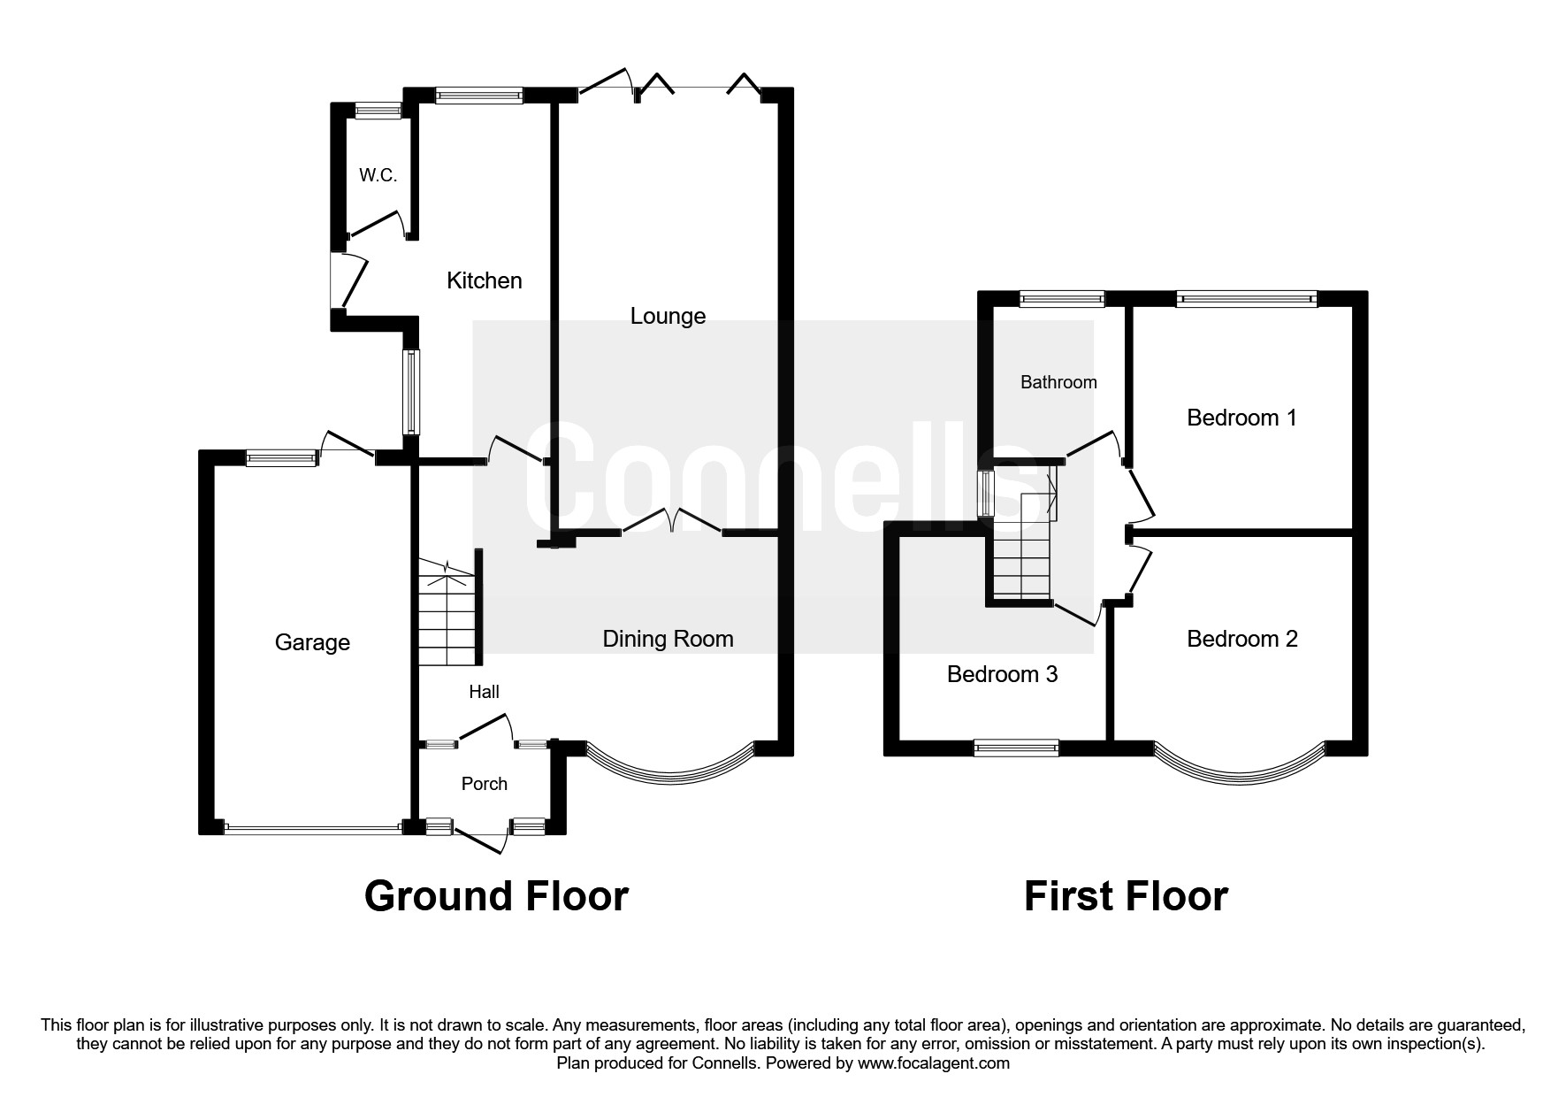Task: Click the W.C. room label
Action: point(378,175)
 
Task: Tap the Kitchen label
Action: point(484,281)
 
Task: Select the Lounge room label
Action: point(668,316)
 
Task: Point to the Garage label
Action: point(312,642)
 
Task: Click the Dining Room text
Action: point(668,639)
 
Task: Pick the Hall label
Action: point(484,692)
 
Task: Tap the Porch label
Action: point(485,784)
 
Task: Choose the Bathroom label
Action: point(1058,382)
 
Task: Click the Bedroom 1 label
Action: point(1241,418)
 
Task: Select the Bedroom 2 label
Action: point(1241,639)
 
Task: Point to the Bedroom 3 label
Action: point(1002,674)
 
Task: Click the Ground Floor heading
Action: point(496,896)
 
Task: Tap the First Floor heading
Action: point(1126,896)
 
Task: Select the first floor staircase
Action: point(1021,548)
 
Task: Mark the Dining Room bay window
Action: point(668,768)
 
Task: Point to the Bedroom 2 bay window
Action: point(1238,768)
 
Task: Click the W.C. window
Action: point(378,111)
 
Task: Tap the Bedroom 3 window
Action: point(1016,748)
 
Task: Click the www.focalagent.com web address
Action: point(933,1063)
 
